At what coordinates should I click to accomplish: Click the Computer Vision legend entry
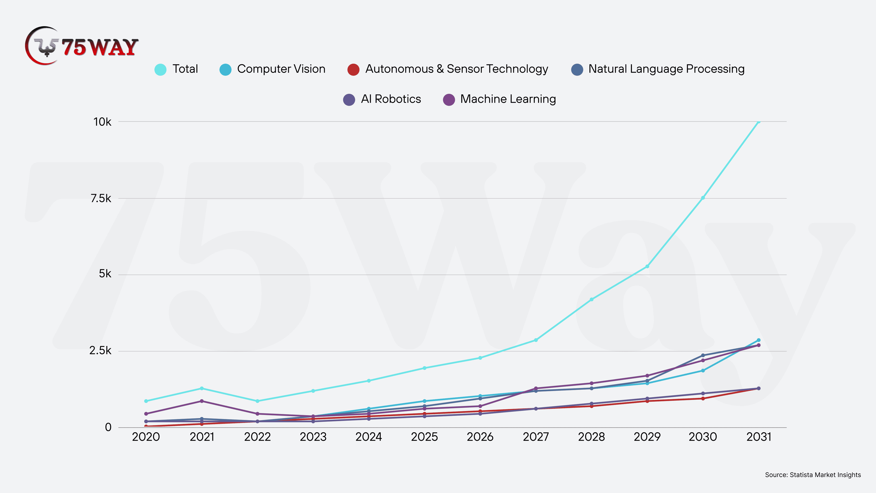tap(272, 69)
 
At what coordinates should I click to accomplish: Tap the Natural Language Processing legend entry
tap(658, 69)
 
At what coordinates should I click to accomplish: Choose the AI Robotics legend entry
tap(382, 99)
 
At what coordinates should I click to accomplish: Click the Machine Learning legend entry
tap(500, 99)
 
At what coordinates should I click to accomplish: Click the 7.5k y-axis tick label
tap(101, 198)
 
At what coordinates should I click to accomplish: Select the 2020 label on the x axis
tap(146, 437)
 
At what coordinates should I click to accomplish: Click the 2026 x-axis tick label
tap(480, 437)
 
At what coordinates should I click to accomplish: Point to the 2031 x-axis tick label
tap(759, 437)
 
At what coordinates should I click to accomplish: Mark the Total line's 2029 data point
tap(647, 266)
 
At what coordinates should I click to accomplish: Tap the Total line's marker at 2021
tap(202, 388)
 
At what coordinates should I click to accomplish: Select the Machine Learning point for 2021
tap(202, 401)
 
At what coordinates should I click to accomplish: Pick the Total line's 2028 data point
tap(592, 299)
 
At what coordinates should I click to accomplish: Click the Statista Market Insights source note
tap(813, 475)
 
